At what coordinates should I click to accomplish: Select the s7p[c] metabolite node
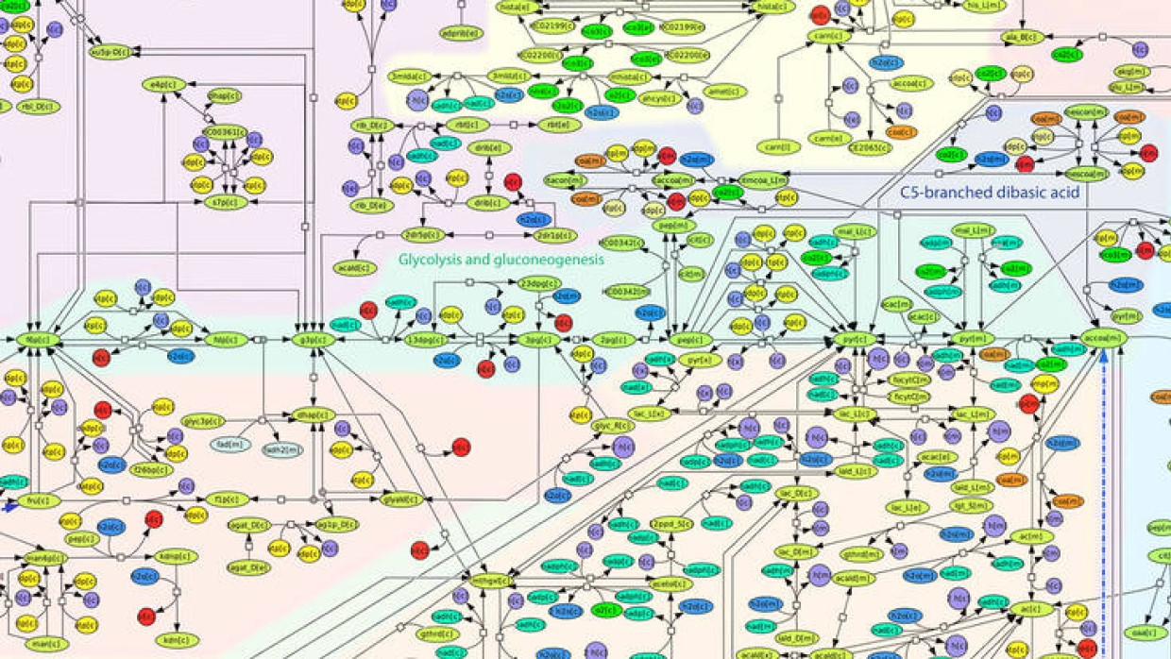pos(229,202)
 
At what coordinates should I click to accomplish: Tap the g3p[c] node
pos(313,340)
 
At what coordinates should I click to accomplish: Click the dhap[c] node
pos(313,414)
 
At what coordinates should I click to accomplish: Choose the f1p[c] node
pos(227,499)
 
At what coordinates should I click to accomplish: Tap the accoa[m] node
pos(1103,338)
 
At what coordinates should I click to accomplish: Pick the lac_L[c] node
pos(856,414)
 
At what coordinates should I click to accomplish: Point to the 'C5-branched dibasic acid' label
pos(990,193)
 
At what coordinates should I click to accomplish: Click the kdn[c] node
pos(177,640)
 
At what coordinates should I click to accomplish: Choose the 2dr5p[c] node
pos(421,235)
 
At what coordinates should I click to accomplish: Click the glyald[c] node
pos(401,499)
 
